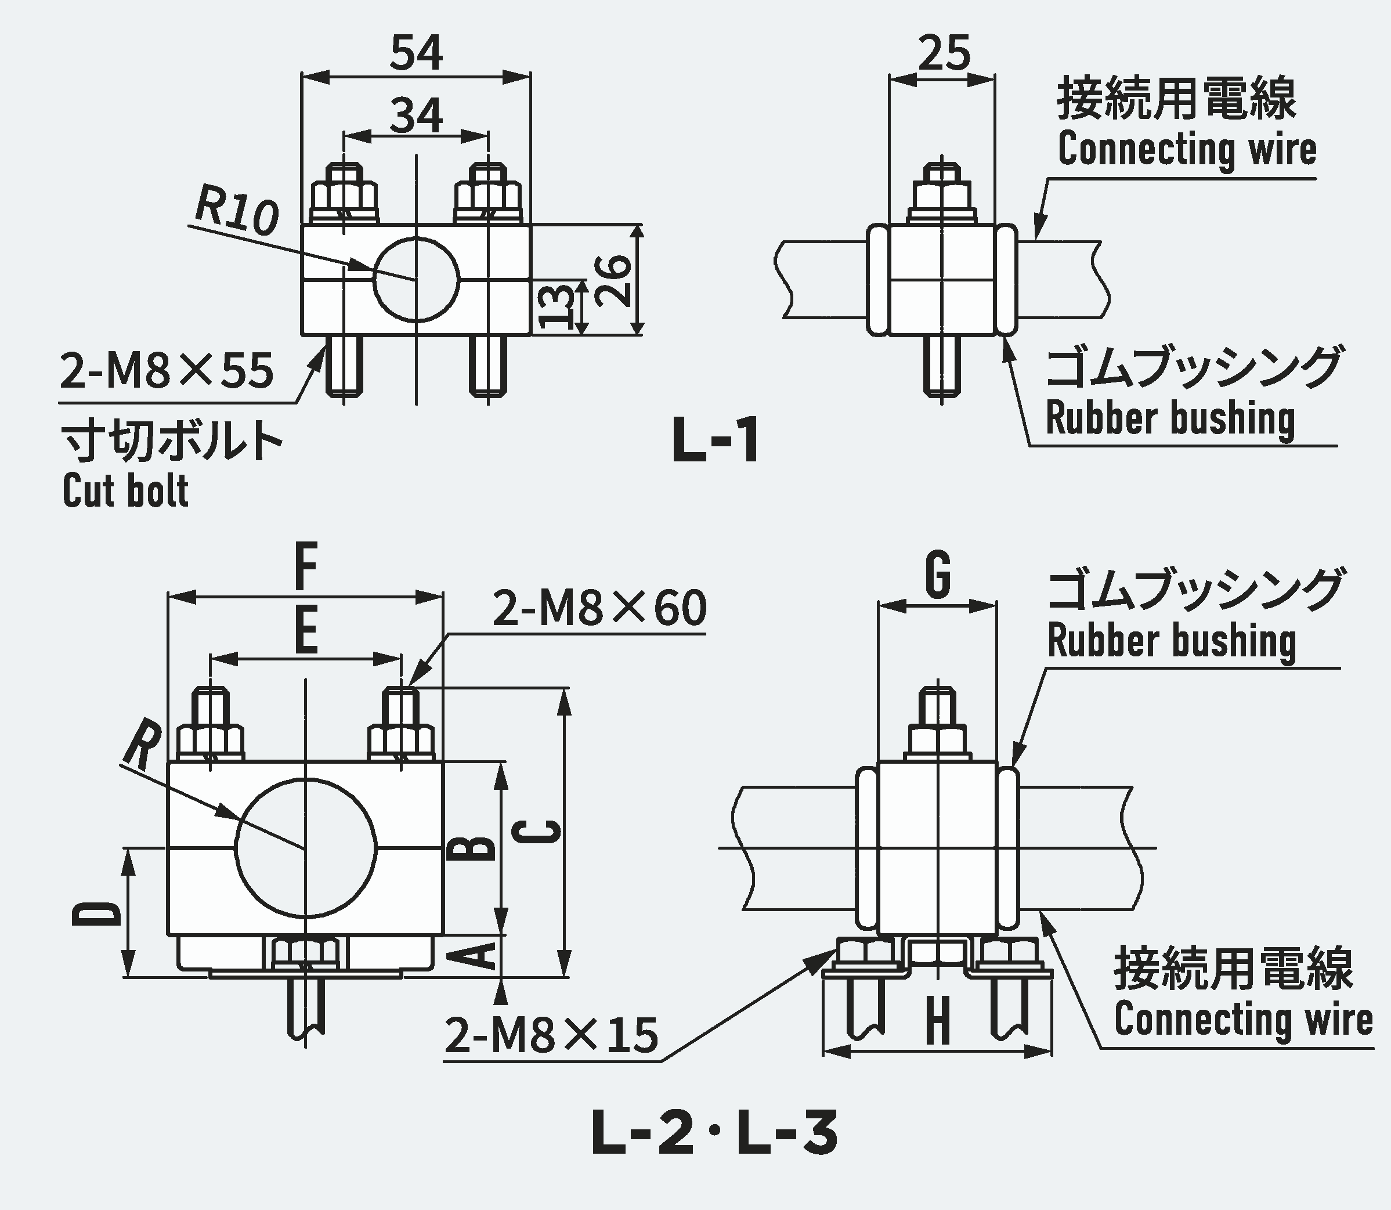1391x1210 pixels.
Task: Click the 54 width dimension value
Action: (x=416, y=53)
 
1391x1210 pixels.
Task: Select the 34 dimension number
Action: (x=416, y=115)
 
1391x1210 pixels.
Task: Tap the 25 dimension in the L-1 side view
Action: (x=944, y=53)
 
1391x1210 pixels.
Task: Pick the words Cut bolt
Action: (x=125, y=491)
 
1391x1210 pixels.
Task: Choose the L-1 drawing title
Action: (x=716, y=440)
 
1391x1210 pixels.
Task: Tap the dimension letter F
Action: (x=306, y=569)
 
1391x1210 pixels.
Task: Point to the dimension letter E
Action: (x=306, y=631)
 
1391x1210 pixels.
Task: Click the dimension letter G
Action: (x=938, y=575)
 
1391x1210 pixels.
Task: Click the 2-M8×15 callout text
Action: (x=551, y=1036)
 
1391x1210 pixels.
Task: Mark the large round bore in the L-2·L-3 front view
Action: (x=305, y=848)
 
